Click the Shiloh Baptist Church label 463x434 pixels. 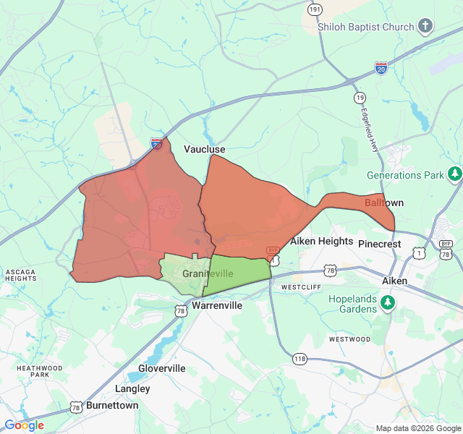(x=366, y=27)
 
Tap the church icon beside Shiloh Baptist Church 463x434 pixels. (x=425, y=27)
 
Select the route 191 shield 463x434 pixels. (x=315, y=9)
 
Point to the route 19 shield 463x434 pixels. (x=360, y=98)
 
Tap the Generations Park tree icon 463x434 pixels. (x=454, y=174)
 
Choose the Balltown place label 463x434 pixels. (x=384, y=203)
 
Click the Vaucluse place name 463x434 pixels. (x=204, y=149)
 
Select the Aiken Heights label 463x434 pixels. (x=321, y=241)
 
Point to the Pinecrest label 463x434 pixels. (x=379, y=244)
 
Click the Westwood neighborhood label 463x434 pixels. (x=349, y=339)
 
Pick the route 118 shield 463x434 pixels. (x=300, y=358)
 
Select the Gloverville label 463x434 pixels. (x=161, y=368)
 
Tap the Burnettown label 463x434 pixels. (x=112, y=405)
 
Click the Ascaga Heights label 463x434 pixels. (x=20, y=275)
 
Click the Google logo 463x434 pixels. (x=24, y=425)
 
